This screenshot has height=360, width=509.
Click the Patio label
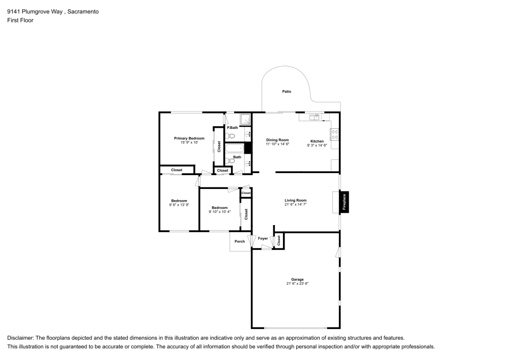point(287,92)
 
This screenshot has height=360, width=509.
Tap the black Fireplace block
point(344,202)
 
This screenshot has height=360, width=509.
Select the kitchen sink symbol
point(314,117)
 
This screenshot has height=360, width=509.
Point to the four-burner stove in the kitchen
point(335,134)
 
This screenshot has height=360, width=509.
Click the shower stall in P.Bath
point(245,120)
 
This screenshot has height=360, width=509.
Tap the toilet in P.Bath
point(230,135)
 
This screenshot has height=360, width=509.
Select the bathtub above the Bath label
point(235,149)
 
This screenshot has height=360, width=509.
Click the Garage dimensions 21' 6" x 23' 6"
point(297,284)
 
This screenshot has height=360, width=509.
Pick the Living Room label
point(295,200)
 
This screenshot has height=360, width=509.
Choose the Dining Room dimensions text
point(277,144)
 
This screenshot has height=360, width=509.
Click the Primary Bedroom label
point(189,139)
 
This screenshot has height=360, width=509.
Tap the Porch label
point(240,241)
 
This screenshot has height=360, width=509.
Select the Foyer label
point(263,238)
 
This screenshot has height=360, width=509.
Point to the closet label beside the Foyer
point(278,240)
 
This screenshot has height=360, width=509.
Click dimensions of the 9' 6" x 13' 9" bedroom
point(179,205)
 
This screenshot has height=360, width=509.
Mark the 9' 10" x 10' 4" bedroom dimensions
point(220,212)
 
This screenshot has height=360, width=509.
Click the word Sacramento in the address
point(83,12)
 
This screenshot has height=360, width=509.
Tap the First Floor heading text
point(20,20)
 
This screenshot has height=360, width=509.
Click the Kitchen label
point(317,141)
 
